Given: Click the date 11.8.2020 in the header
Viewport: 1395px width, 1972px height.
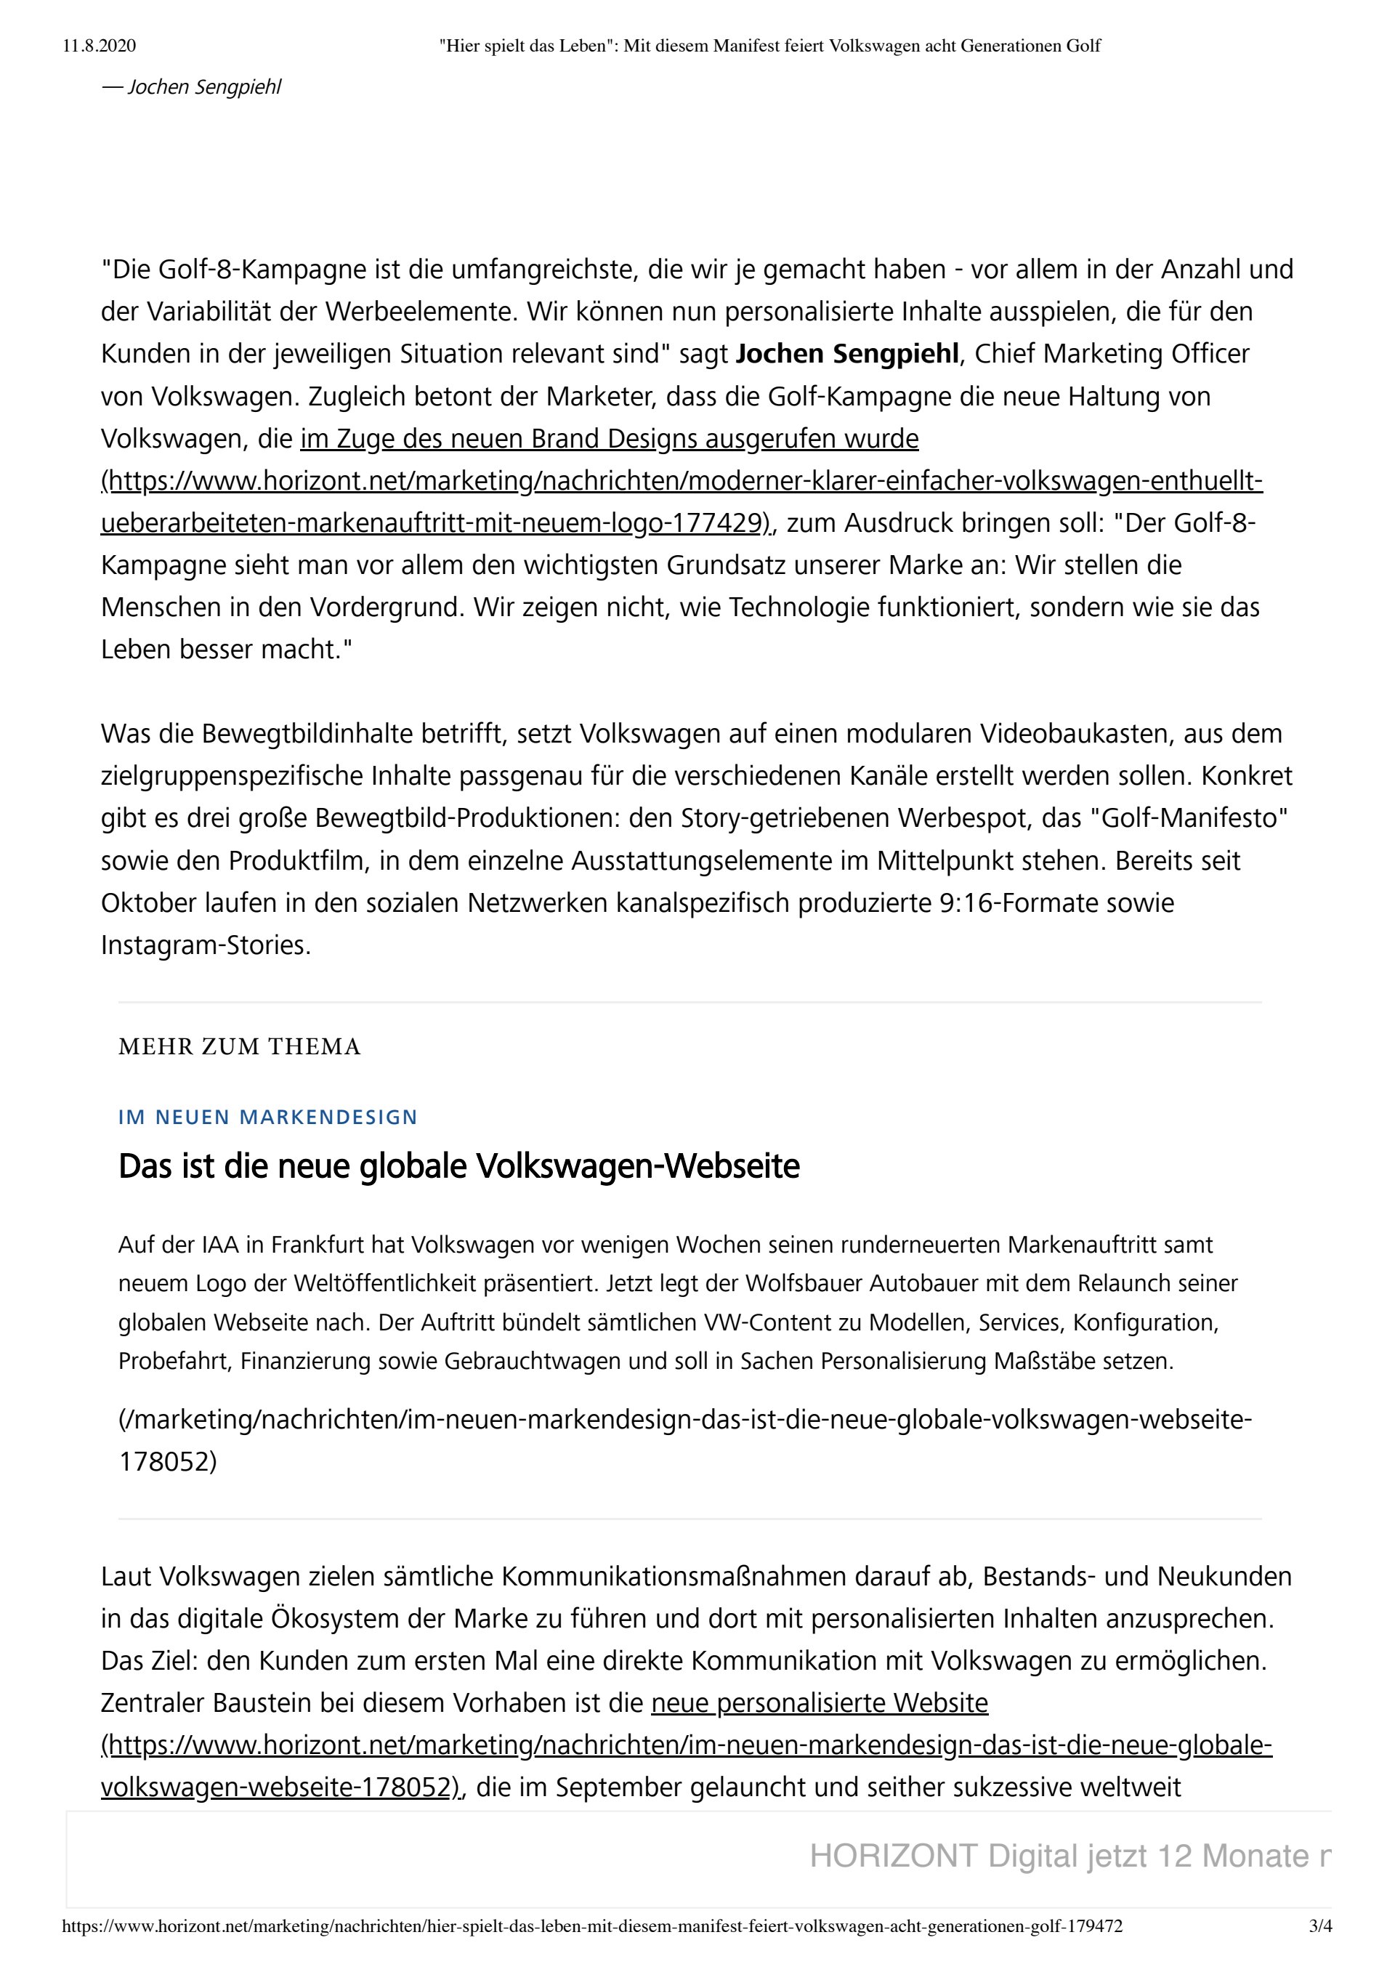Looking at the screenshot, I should click(99, 46).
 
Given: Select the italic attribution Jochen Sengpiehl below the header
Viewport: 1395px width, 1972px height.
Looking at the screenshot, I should click(203, 88).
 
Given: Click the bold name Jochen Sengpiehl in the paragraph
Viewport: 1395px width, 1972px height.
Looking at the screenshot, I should click(847, 354).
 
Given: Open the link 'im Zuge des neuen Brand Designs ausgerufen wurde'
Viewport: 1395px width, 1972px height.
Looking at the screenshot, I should click(609, 439).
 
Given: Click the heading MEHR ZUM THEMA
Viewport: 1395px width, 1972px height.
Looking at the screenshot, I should click(240, 1046).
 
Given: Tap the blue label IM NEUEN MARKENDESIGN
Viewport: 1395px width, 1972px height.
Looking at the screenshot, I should click(268, 1118).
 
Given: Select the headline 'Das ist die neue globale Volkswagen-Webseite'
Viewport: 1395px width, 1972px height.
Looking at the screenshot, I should click(458, 1166).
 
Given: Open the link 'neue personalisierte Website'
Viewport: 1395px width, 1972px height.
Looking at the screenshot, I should click(820, 1702).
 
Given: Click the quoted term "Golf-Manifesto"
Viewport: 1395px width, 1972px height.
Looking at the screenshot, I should click(1189, 818).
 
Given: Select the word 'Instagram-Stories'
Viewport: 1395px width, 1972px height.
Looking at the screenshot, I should click(206, 945).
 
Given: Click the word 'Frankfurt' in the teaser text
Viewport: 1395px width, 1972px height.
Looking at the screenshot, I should click(325, 1245).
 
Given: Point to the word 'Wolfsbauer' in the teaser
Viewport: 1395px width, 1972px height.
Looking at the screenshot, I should click(795, 1283).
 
